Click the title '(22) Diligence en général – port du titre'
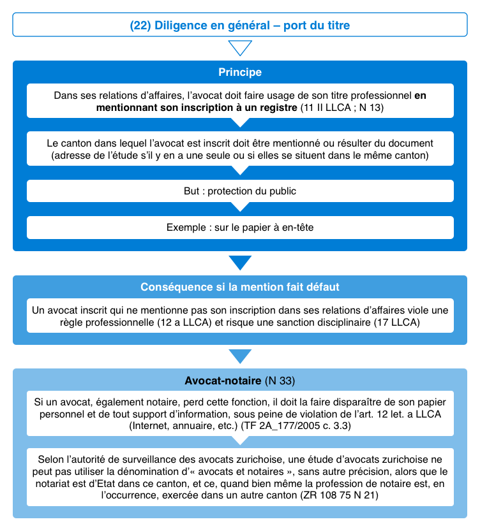coord(239,25)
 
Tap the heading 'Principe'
coord(239,73)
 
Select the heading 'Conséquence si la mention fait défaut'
coord(239,287)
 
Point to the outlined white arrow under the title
coord(239,48)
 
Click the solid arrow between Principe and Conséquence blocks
coord(239,262)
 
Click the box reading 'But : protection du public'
coord(239,191)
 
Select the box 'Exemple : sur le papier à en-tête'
coord(239,227)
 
